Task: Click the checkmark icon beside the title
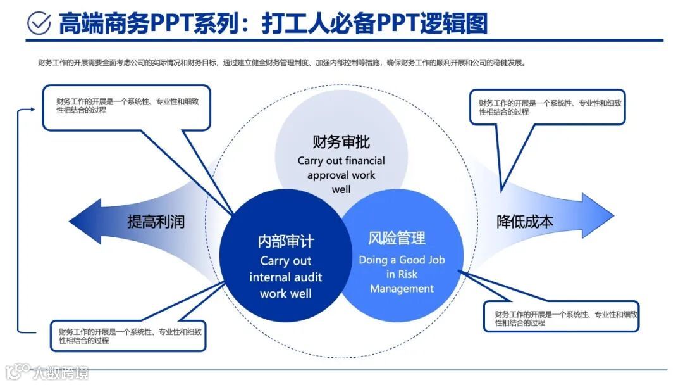click(39, 23)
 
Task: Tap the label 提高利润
click(156, 222)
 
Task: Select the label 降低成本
click(525, 222)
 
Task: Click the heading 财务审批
click(341, 141)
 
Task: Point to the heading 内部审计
click(286, 241)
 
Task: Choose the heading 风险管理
click(397, 239)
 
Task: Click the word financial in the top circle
click(363, 160)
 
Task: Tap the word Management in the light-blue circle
click(402, 289)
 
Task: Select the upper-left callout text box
click(126, 106)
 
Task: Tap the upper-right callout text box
click(547, 106)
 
